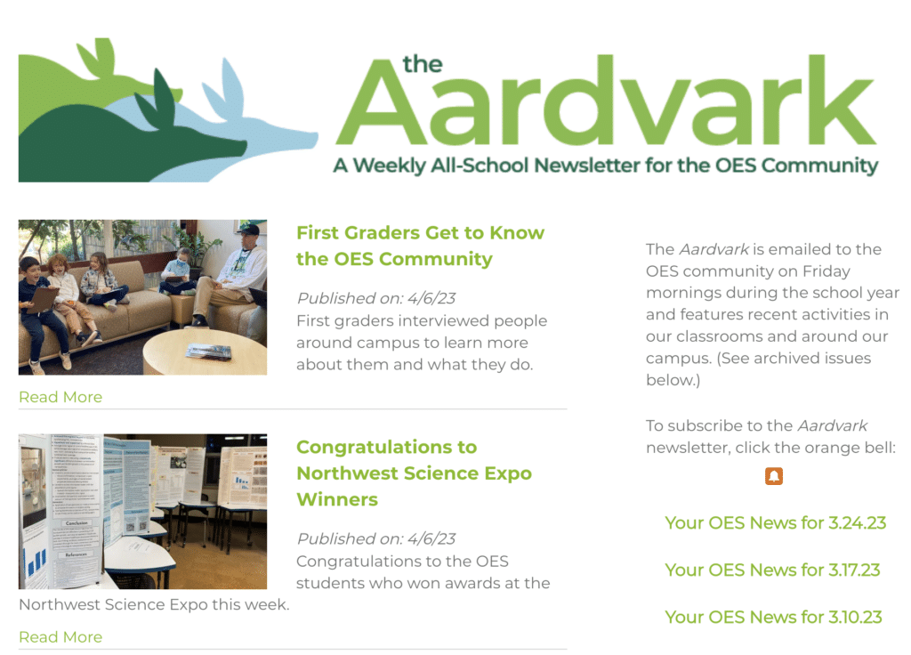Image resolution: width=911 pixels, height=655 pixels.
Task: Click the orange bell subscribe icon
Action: click(x=773, y=476)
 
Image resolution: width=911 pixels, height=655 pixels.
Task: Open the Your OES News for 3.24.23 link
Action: click(x=775, y=523)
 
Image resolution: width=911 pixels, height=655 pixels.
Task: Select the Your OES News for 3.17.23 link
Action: click(x=772, y=570)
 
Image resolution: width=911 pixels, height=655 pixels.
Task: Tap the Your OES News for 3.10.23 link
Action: click(x=773, y=618)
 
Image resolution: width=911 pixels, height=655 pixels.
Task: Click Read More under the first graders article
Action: click(x=60, y=397)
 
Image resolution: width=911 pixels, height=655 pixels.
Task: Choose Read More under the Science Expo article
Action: click(x=60, y=637)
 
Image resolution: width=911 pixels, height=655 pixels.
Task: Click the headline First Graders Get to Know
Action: click(x=420, y=233)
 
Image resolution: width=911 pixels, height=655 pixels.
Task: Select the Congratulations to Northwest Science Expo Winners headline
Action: click(x=414, y=473)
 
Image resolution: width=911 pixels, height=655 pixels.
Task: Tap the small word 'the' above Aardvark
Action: click(x=423, y=64)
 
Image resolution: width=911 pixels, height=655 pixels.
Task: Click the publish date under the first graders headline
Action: click(x=376, y=298)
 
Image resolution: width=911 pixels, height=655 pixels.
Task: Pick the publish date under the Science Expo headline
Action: click(x=376, y=538)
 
